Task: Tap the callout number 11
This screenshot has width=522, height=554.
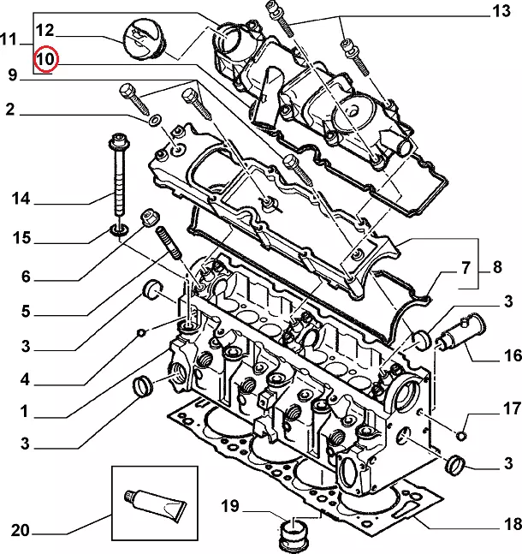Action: (x=9, y=39)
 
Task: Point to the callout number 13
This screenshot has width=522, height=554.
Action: (x=501, y=11)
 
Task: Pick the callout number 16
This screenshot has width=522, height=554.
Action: (x=513, y=354)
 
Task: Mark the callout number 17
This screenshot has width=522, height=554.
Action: (x=512, y=408)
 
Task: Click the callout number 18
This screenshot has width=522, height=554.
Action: (x=512, y=525)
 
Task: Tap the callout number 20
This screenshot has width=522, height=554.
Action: (x=21, y=531)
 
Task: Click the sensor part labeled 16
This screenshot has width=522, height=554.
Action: (x=459, y=337)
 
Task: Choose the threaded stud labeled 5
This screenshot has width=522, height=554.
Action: (x=168, y=243)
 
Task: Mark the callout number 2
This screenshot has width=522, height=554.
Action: (x=9, y=109)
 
